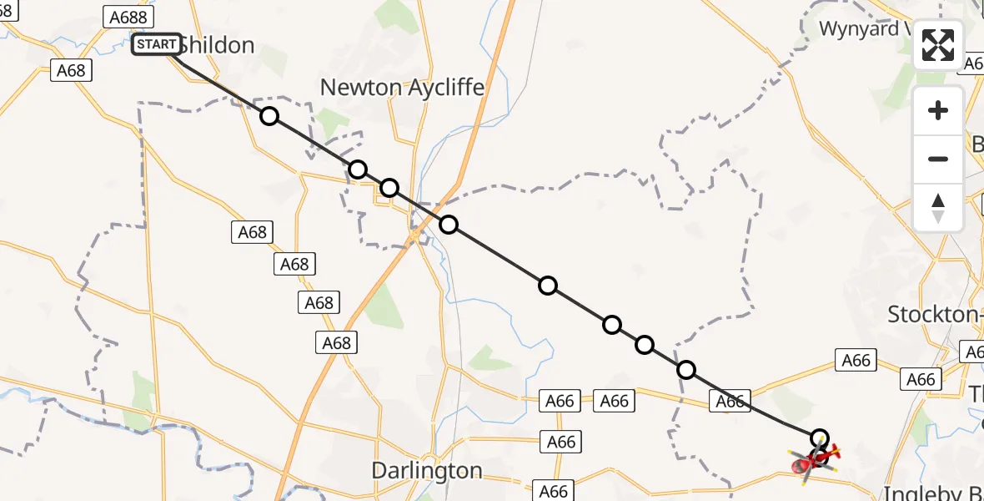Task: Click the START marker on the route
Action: pos(157,44)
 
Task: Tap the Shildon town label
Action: pos(216,45)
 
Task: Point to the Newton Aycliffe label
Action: pos(402,88)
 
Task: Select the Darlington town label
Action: pos(427,471)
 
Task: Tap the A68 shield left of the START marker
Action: pos(71,70)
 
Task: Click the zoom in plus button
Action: pos(938,111)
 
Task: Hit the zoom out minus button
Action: pos(938,159)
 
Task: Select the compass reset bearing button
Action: pos(938,207)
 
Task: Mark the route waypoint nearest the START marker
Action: pos(269,116)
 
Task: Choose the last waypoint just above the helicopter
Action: pos(820,438)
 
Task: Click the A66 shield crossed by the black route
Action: pos(730,401)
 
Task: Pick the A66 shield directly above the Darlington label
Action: pos(561,441)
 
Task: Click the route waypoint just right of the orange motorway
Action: pos(449,224)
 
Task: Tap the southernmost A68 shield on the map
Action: pos(337,342)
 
